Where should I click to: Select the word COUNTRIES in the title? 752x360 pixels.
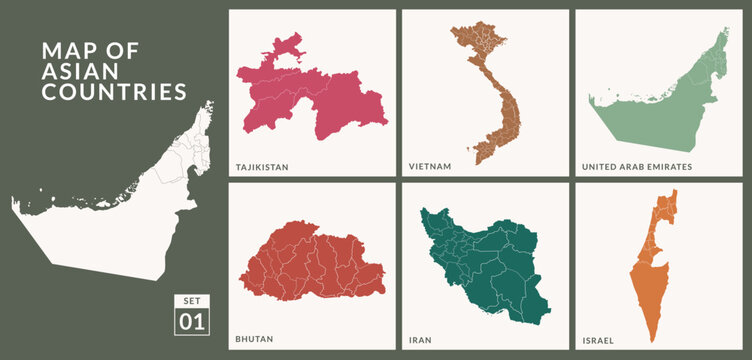click(113, 92)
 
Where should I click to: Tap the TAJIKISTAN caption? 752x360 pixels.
click(262, 167)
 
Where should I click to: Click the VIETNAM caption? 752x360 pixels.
click(430, 167)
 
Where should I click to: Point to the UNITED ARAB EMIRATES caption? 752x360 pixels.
click(637, 167)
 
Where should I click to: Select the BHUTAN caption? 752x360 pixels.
click(254, 339)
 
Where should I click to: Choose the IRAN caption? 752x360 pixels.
click(420, 339)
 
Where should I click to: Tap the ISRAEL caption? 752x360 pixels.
click(599, 339)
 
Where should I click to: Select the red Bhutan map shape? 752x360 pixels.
click(315, 265)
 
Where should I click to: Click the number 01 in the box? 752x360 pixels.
click(191, 322)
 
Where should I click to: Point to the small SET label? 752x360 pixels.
click(191, 300)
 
